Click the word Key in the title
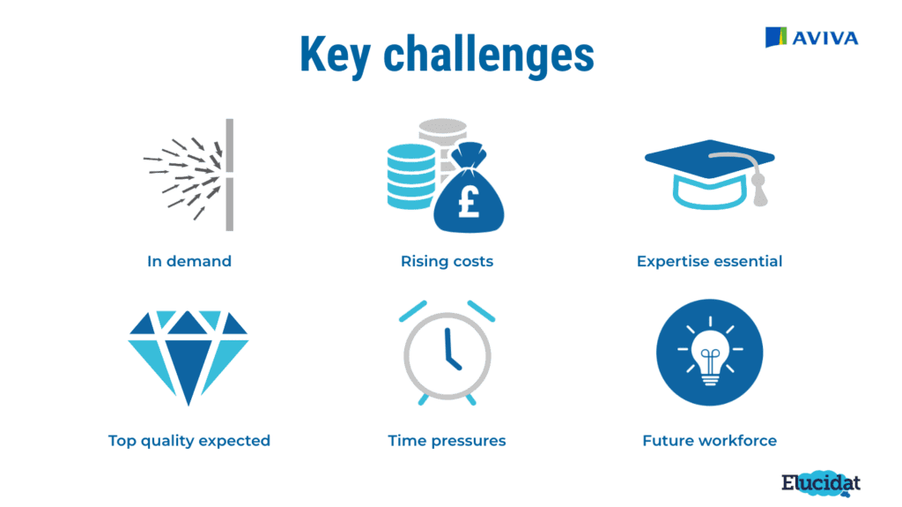click(336, 55)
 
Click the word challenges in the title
click(489, 55)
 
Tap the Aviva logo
click(811, 37)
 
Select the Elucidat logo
click(821, 483)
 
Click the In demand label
click(189, 261)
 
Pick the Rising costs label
click(447, 261)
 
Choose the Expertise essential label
click(709, 261)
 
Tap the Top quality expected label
click(189, 441)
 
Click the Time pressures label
click(447, 441)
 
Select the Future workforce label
click(709, 441)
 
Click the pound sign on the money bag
click(469, 202)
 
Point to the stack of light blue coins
click(410, 176)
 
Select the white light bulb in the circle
click(710, 357)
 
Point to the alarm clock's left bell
click(413, 310)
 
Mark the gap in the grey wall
click(230, 175)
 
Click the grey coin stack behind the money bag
click(443, 144)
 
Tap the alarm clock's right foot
click(470, 399)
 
